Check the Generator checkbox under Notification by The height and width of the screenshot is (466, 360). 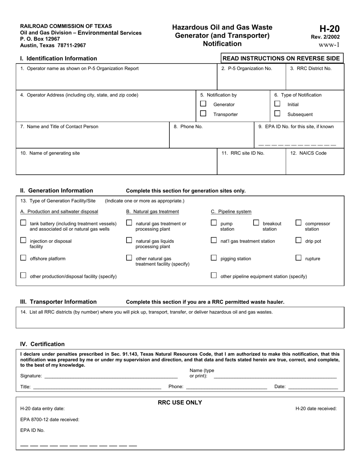(x=203, y=104)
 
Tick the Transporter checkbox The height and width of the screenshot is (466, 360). (x=203, y=114)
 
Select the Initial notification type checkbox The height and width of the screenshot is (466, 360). (x=277, y=104)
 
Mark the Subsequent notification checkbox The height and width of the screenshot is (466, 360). (x=277, y=114)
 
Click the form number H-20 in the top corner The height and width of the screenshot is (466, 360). (x=329, y=29)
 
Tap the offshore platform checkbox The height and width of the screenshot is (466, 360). (x=23, y=258)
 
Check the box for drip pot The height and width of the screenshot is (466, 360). (x=299, y=241)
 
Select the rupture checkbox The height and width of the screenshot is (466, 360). (x=299, y=258)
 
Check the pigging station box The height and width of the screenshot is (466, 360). (x=214, y=258)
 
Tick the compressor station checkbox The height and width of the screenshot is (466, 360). (x=299, y=223)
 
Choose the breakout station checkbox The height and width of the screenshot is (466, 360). (x=256, y=223)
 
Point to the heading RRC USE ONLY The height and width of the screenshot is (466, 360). (x=180, y=403)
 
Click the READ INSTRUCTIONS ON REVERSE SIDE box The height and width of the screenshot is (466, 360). (x=282, y=58)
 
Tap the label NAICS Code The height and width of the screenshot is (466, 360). (x=308, y=153)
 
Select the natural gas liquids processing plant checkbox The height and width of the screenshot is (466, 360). (x=129, y=241)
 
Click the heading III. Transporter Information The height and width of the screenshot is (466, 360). (x=58, y=302)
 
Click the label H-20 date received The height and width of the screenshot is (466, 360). (x=316, y=408)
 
